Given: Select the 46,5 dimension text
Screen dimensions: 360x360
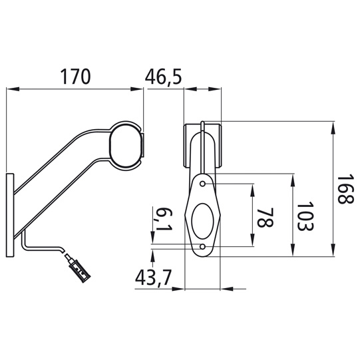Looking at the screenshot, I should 164,77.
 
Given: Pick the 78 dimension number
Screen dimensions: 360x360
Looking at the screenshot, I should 265,216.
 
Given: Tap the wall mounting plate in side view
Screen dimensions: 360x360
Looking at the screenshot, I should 10,215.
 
